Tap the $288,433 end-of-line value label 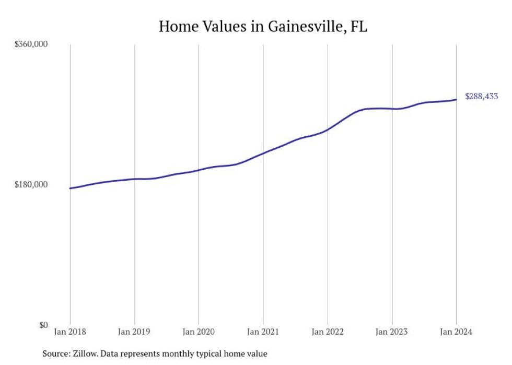click(x=481, y=97)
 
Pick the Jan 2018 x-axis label click(x=70, y=332)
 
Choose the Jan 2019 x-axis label click(x=134, y=332)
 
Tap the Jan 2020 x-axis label click(x=199, y=332)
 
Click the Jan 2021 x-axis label click(x=263, y=332)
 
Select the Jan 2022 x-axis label click(x=328, y=332)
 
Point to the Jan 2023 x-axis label click(x=392, y=332)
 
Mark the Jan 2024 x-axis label click(x=456, y=332)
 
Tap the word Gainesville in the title click(x=298, y=26)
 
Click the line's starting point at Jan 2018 click(x=70, y=188)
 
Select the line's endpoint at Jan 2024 click(x=456, y=100)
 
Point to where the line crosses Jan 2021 click(x=263, y=154)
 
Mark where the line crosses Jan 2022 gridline click(x=328, y=129)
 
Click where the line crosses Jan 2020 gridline click(x=199, y=170)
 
